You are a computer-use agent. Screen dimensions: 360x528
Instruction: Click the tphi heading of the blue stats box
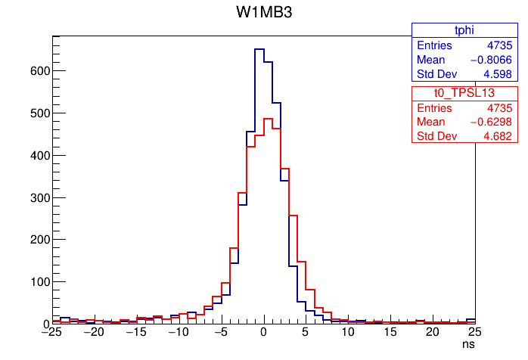point(463,30)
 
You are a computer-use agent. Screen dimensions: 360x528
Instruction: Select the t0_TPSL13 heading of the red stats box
point(463,92)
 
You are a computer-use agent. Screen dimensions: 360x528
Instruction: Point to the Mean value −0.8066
point(490,60)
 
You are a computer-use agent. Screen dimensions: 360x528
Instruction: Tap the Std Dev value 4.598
point(498,74)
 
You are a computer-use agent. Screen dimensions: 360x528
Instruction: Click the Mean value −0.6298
point(490,121)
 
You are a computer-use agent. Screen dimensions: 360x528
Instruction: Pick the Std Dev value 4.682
point(498,136)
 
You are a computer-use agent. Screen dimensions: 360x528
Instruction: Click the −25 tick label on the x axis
point(51,332)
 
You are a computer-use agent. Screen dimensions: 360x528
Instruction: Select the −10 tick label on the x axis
point(179,332)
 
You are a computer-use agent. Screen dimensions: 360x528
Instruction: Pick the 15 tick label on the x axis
point(390,332)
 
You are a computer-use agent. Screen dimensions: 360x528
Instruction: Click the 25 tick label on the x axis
point(475,332)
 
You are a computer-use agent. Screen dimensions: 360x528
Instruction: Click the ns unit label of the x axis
point(469,344)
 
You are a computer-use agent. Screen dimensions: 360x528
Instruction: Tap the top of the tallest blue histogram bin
point(259,49)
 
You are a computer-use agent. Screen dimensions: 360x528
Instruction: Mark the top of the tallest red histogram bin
point(267,119)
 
